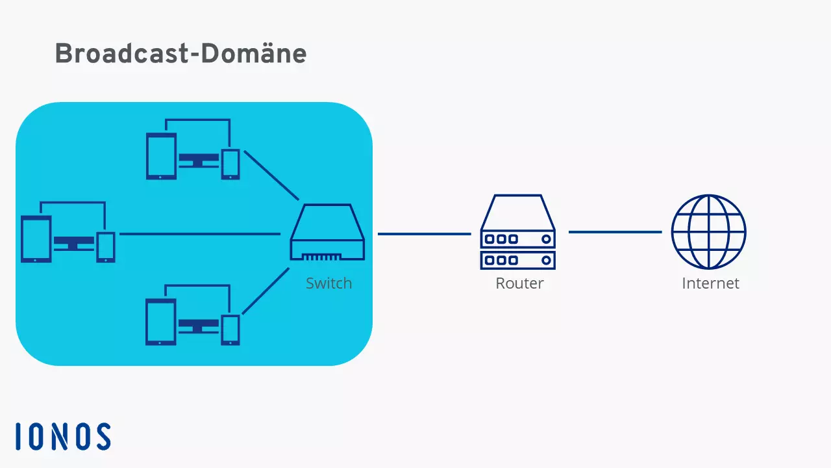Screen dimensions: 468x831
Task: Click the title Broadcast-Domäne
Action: [x=180, y=53]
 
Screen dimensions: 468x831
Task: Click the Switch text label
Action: [x=329, y=283]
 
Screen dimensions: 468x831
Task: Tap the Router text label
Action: [x=519, y=283]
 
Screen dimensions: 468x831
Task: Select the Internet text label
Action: [x=710, y=283]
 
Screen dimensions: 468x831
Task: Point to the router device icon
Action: [x=518, y=232]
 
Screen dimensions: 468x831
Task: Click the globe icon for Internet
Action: [x=708, y=232]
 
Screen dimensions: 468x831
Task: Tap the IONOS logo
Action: [x=63, y=436]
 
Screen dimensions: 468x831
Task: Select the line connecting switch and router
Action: [x=424, y=234]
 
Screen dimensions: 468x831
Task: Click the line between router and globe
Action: [x=615, y=232]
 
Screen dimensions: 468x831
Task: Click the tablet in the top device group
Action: [x=161, y=156]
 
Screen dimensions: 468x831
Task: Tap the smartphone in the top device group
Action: [x=230, y=164]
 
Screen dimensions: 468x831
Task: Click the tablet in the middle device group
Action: [x=36, y=239]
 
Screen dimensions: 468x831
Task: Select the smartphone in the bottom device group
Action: [x=230, y=330]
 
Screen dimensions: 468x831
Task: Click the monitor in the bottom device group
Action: [x=199, y=325]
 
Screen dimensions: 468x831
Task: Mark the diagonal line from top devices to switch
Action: [x=271, y=175]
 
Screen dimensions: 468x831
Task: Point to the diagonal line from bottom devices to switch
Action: [x=266, y=291]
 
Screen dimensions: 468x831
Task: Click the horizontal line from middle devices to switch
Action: [x=200, y=234]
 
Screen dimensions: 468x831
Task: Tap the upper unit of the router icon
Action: [x=518, y=239]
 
